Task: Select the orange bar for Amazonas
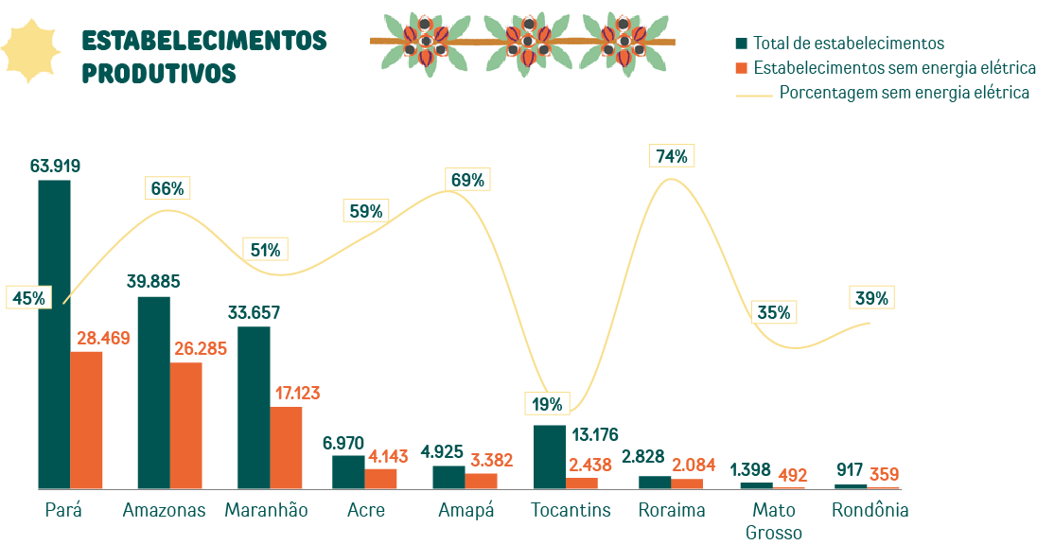pyautogui.click(x=186, y=425)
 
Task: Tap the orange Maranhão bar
pyautogui.click(x=286, y=448)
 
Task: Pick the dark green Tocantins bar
pyautogui.click(x=550, y=457)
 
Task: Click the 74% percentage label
pyautogui.click(x=672, y=156)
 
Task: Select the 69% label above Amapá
pyautogui.click(x=467, y=180)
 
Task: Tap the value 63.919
pyautogui.click(x=55, y=167)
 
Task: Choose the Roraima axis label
pyautogui.click(x=672, y=510)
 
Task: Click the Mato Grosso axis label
pyautogui.click(x=774, y=520)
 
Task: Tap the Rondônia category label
pyautogui.click(x=870, y=510)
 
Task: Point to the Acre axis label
pyautogui.click(x=366, y=510)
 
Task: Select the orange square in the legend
pyautogui.click(x=742, y=68)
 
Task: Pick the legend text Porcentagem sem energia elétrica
pyautogui.click(x=904, y=93)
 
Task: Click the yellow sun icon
pyautogui.click(x=31, y=50)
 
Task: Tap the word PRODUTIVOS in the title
pyautogui.click(x=159, y=73)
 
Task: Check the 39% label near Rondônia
pyautogui.click(x=871, y=298)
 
